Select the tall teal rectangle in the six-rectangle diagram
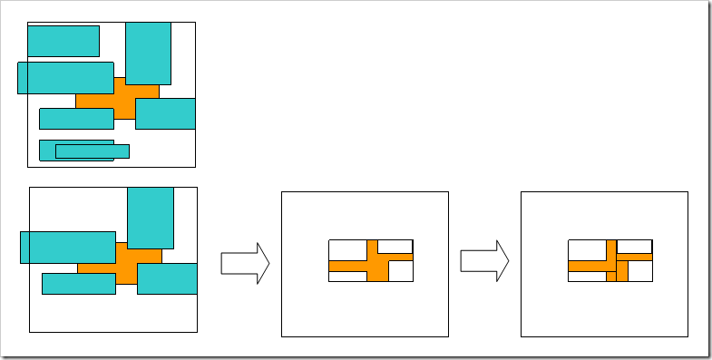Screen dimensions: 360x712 (x=148, y=54)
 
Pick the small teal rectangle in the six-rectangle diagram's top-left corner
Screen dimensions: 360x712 (x=63, y=41)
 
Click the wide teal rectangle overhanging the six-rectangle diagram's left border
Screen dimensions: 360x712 (x=65, y=77)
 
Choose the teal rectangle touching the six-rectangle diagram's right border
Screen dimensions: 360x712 (x=165, y=113)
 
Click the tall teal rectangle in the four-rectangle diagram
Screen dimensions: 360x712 (x=150, y=218)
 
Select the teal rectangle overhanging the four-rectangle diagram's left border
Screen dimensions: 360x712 (x=67, y=247)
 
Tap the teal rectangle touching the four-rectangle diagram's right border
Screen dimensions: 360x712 (x=167, y=278)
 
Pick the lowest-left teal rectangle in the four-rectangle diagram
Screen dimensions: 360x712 (x=78, y=284)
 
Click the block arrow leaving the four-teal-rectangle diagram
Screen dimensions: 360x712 (x=245, y=263)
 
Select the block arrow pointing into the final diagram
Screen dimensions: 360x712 (x=484, y=262)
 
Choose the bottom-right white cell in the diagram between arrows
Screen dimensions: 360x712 (x=400, y=272)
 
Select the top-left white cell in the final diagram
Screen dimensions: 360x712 (x=587, y=248)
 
